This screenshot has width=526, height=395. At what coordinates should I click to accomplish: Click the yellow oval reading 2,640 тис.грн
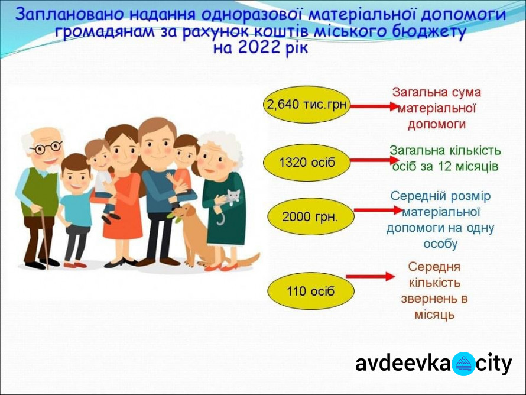point(307,105)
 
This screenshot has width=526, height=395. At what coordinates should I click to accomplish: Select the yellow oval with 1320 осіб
point(307,163)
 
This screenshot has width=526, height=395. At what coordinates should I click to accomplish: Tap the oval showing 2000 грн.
point(311,216)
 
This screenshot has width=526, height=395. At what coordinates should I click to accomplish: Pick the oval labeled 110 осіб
point(311,291)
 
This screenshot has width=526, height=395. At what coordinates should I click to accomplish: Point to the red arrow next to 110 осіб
point(371,277)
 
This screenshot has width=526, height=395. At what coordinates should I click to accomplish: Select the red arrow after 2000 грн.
point(378,211)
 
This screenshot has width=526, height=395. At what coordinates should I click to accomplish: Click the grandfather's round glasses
point(46,147)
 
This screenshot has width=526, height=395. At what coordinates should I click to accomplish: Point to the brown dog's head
point(183,213)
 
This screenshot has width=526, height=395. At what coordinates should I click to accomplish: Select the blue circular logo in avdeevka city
point(463,364)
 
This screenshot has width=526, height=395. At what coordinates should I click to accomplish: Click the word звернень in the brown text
point(434,299)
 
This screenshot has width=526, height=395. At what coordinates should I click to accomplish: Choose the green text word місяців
point(476,167)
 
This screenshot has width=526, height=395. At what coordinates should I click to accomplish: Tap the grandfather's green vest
point(40,192)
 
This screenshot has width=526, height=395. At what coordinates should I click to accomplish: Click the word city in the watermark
point(493,364)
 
